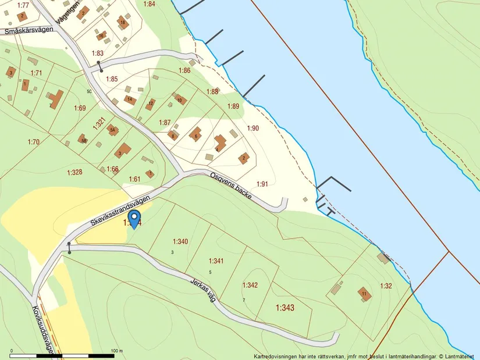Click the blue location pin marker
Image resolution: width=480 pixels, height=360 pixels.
coord(134,219)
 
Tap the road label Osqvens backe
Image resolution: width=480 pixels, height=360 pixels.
coord(231,186)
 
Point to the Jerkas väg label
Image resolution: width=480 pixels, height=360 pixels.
coord(202,288)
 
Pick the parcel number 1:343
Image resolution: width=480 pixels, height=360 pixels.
coord(285,307)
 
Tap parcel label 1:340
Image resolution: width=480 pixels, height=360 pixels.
coord(180,241)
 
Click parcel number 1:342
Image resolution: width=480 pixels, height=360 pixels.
coord(250,285)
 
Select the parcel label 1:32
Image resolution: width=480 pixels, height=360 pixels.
coord(386,286)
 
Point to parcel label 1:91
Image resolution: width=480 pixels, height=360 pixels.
coord(262,184)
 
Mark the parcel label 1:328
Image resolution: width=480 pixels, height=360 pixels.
coord(74,172)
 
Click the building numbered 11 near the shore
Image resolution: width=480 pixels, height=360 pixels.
coord(364,294)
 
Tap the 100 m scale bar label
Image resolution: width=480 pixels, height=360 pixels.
coord(116,351)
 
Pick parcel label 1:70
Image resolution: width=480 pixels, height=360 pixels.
coord(33,142)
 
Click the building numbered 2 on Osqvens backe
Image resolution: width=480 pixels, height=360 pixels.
coord(244,158)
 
